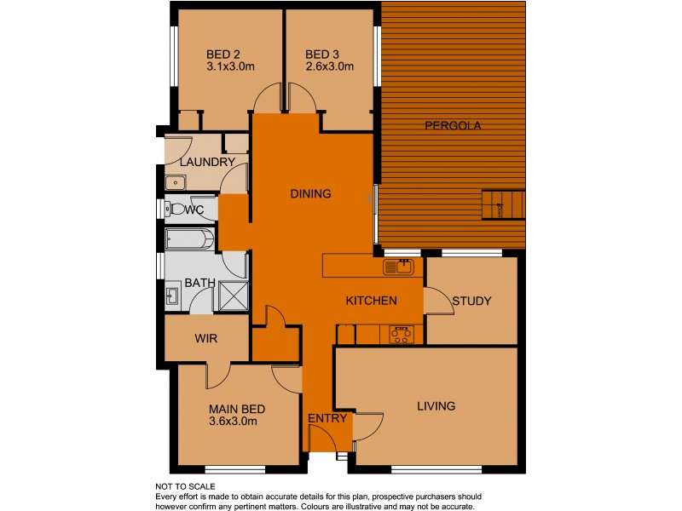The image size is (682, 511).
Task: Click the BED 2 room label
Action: [223, 55]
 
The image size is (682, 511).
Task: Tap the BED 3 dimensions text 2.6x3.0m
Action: [329, 67]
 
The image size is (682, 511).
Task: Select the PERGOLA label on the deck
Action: [453, 126]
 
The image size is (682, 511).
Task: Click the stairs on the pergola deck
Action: [504, 205]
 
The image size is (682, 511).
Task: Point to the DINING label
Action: [310, 194]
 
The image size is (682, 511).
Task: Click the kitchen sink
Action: [398, 267]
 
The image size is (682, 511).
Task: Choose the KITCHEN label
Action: [371, 301]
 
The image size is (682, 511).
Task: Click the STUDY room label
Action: [472, 301]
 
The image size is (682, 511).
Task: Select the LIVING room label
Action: [436, 406]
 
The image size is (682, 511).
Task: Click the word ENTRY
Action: [327, 418]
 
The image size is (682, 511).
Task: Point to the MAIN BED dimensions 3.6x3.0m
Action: [233, 421]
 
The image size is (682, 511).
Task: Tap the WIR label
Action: [206, 338]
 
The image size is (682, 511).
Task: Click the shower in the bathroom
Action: [234, 296]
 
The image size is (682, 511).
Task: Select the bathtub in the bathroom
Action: [189, 239]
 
